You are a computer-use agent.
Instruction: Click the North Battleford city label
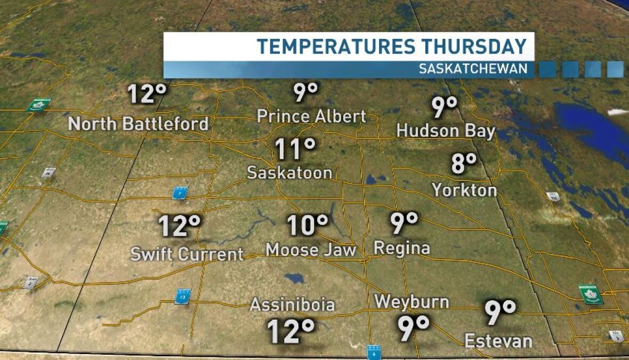(138, 124)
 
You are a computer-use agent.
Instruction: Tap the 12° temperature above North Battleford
(148, 94)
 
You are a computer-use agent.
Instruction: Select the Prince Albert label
(312, 116)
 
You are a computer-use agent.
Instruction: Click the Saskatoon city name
(290, 172)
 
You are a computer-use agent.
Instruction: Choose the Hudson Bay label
(446, 131)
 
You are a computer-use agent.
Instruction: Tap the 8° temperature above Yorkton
(463, 163)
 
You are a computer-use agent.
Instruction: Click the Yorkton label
(464, 190)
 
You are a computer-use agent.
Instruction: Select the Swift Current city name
(187, 254)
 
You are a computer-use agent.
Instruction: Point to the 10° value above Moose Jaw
(308, 225)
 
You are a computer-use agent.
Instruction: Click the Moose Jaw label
(311, 250)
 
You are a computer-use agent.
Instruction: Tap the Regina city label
(402, 247)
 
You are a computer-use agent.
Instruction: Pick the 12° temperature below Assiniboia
(291, 331)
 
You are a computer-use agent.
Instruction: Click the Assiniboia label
(292, 305)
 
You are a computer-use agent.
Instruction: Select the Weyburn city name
(412, 302)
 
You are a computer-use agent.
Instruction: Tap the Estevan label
(498, 341)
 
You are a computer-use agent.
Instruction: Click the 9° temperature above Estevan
(500, 313)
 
